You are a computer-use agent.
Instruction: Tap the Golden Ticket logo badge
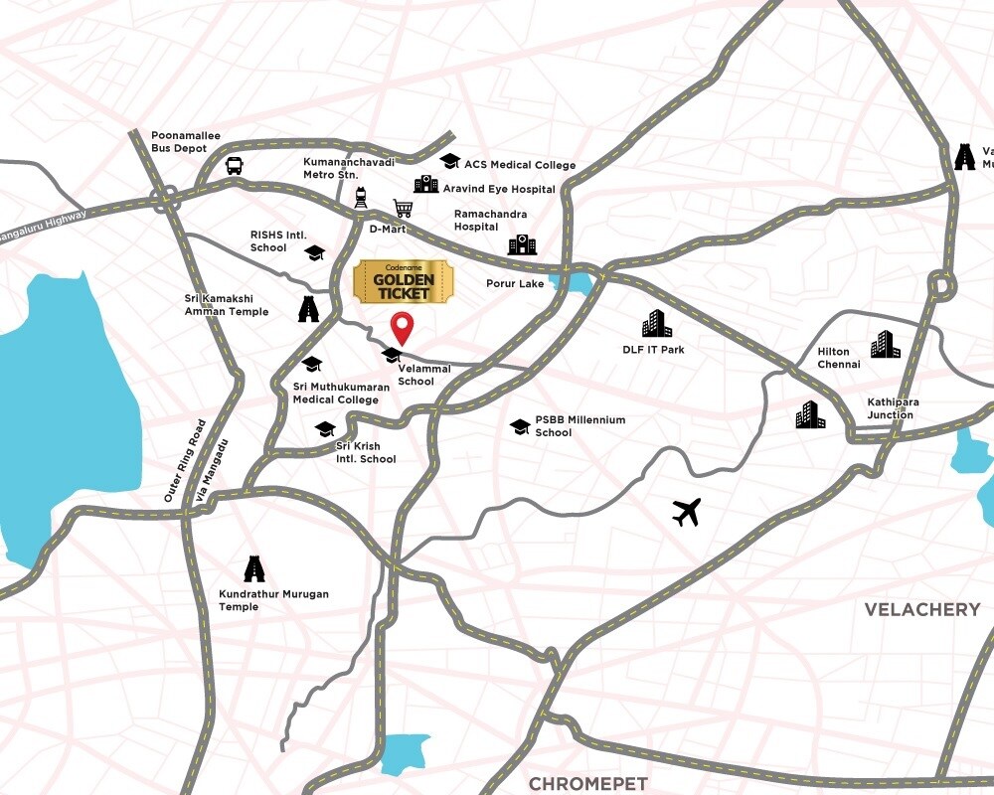point(402,282)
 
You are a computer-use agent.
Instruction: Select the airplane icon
point(686,512)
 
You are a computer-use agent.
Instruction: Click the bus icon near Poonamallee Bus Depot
point(234,166)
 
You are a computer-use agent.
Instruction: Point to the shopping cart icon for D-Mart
point(403,209)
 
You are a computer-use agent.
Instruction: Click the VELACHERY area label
point(921,609)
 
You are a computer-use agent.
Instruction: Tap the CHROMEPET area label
point(587,784)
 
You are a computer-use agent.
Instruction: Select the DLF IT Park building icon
point(656,324)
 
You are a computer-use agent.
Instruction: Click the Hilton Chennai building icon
point(885,344)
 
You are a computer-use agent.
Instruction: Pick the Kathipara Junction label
point(893,408)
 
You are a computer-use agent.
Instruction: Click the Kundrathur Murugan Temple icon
point(255,568)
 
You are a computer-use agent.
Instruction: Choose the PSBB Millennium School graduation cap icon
point(519,426)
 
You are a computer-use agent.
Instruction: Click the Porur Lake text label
point(515,284)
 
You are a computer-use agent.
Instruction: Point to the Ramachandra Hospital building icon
point(522,244)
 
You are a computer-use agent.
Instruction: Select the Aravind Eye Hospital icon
point(425,185)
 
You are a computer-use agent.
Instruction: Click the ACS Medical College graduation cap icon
point(449,161)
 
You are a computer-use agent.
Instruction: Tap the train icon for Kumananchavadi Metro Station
point(361,199)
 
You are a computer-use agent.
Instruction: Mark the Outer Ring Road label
point(186,460)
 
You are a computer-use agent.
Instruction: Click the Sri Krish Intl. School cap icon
point(324,429)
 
